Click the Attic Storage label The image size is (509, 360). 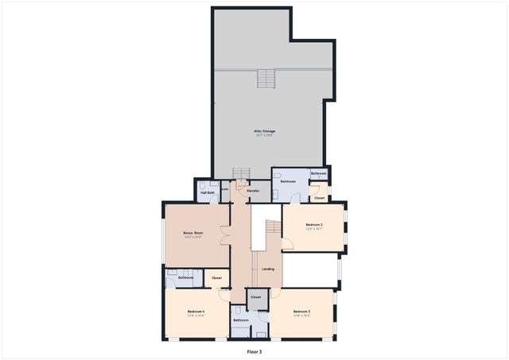265,130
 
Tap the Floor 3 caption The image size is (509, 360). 254,350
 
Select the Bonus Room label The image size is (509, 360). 193,233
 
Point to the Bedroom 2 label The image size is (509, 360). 314,225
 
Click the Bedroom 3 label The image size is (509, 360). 301,311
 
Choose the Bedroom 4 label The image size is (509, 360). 196,311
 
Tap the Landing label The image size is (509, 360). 268,269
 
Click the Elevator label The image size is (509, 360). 253,191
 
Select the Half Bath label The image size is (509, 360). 207,192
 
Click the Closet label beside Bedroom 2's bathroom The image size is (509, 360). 319,198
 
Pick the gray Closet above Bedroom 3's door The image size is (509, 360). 255,296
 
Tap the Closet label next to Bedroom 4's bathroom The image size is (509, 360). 216,278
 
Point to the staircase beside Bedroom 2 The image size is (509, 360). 272,228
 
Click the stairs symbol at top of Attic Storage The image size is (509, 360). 266,79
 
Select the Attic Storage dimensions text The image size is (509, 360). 265,135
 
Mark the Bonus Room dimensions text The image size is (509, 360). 193,238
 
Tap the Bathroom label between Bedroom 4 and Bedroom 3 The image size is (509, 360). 242,320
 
